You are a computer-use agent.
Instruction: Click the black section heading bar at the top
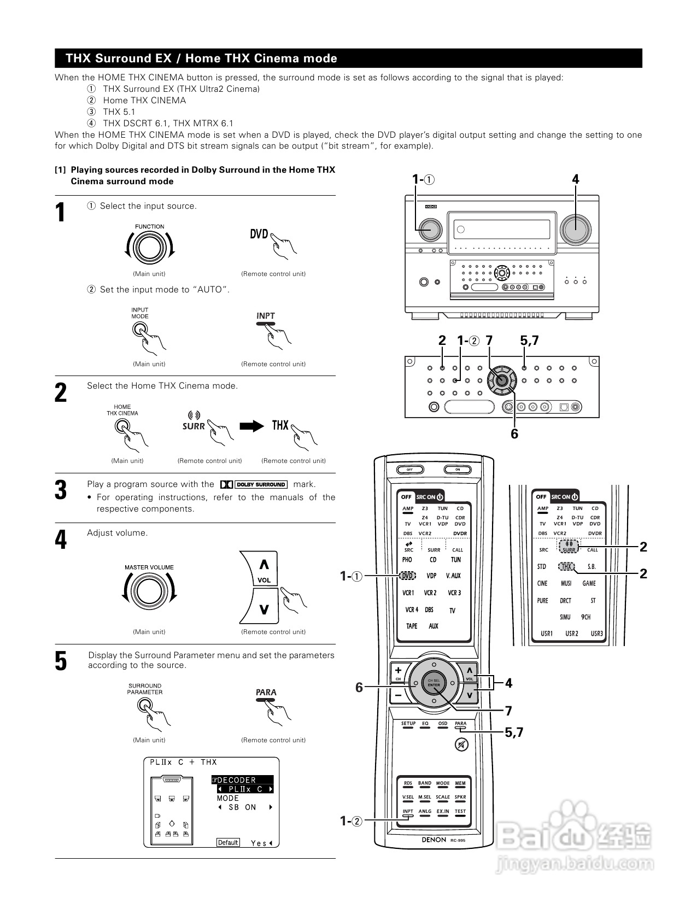click(x=348, y=58)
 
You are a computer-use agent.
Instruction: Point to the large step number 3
click(x=61, y=490)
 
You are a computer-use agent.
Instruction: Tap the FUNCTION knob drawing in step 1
click(x=149, y=248)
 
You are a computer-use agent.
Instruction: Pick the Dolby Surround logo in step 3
click(x=254, y=484)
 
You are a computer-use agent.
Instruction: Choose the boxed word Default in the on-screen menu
click(x=228, y=842)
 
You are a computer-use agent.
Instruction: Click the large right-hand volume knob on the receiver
click(x=575, y=228)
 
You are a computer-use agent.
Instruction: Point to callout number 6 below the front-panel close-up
click(x=514, y=434)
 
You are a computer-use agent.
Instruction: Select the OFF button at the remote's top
click(x=408, y=470)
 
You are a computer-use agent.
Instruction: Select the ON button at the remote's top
click(x=458, y=470)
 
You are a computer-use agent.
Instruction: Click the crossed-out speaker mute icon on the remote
click(x=461, y=744)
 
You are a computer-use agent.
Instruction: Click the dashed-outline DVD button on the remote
click(x=407, y=576)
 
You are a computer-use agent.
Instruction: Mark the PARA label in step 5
click(x=266, y=693)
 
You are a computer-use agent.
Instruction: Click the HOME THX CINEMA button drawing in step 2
click(x=122, y=427)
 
